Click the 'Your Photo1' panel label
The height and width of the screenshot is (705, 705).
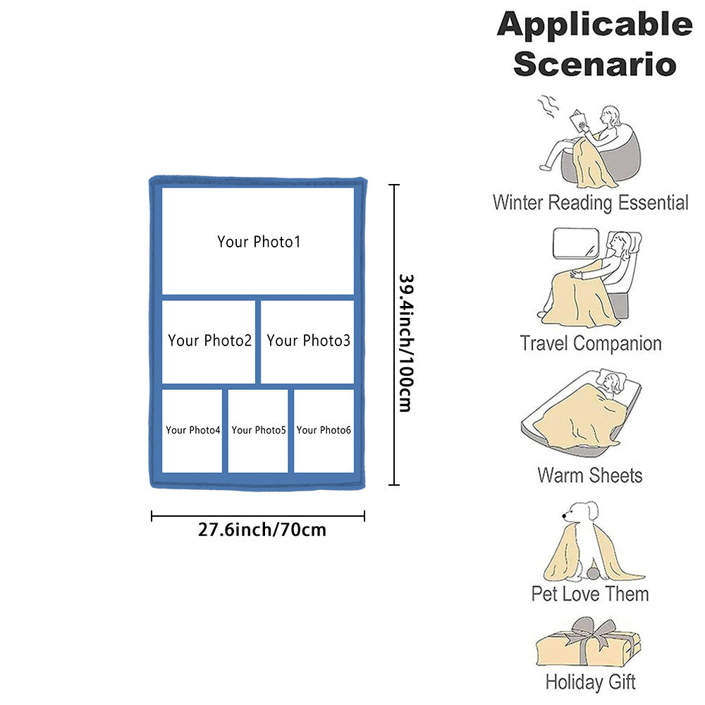(x=259, y=242)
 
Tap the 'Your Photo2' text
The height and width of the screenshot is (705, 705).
(x=209, y=341)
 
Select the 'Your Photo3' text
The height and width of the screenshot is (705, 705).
(x=308, y=341)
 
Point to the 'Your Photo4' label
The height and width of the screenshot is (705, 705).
(x=192, y=430)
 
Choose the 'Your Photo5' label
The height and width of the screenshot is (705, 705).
(x=258, y=430)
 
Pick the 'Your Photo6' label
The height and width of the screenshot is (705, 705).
(x=324, y=430)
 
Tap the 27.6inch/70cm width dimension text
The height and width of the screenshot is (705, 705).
(x=262, y=529)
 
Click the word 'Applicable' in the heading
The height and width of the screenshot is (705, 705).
(x=594, y=25)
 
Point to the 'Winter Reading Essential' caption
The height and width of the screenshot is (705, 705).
(x=590, y=203)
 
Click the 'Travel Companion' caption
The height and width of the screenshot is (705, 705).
(x=590, y=344)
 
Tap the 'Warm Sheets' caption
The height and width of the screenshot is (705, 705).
(x=590, y=474)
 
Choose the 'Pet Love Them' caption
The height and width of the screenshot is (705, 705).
(x=590, y=594)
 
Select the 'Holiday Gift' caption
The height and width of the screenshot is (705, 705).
(x=590, y=682)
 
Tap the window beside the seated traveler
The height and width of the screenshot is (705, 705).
(x=573, y=246)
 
